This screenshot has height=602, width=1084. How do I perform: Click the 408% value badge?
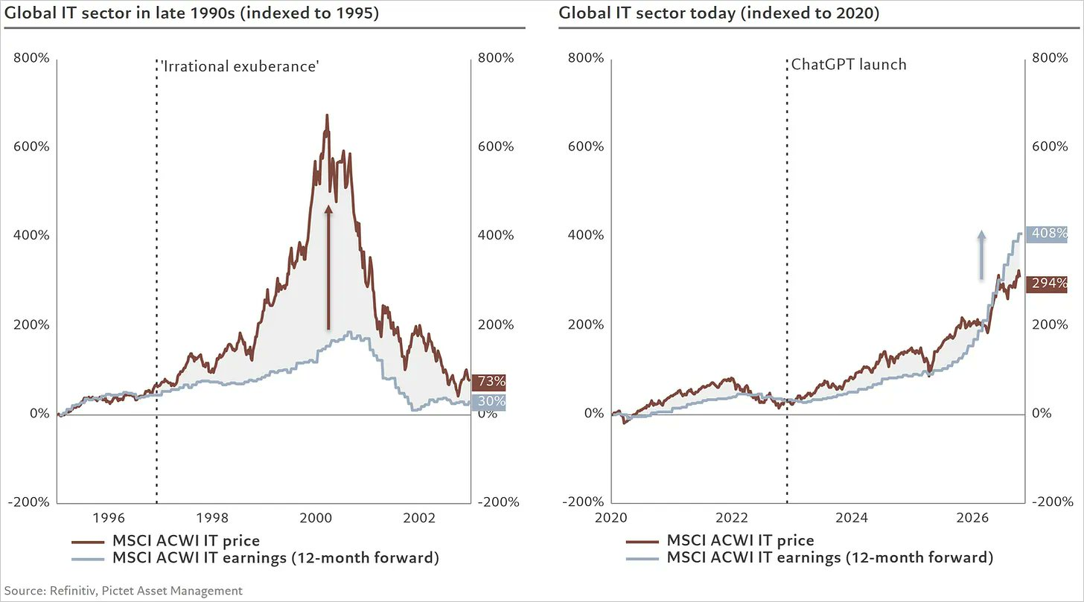(x=1046, y=234)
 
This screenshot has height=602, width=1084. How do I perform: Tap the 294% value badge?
(x=1046, y=284)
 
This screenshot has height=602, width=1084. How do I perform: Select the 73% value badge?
(x=488, y=382)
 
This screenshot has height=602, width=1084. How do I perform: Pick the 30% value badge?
(x=488, y=402)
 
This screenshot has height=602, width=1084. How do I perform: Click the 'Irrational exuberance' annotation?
(x=240, y=66)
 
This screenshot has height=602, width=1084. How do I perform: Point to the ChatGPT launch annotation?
(x=848, y=65)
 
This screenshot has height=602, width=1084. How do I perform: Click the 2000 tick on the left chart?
(x=316, y=518)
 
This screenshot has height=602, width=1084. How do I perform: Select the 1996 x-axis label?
(x=109, y=518)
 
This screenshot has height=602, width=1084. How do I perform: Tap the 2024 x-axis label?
(x=851, y=518)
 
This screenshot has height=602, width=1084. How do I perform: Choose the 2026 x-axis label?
(x=972, y=518)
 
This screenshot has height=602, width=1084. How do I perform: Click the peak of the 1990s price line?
(x=327, y=115)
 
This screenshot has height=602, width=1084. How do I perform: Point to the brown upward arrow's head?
(x=328, y=209)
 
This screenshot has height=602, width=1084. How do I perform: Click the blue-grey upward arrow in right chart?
(x=981, y=254)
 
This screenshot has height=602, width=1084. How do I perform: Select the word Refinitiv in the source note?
(x=73, y=591)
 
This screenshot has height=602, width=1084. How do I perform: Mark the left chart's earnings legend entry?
(x=255, y=558)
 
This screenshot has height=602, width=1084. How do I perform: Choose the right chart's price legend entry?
(x=720, y=540)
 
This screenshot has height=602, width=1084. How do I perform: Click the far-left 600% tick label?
(x=31, y=147)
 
